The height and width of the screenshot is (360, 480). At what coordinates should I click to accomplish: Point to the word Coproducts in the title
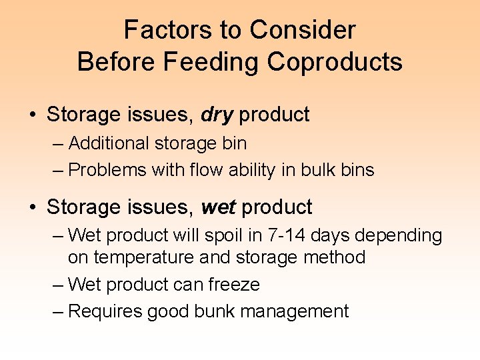tap(335, 62)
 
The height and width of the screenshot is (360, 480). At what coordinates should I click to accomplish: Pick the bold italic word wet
tap(218, 207)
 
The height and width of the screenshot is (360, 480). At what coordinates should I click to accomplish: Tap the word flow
tap(203, 170)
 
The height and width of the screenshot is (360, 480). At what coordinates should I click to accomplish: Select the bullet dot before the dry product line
tap(33, 115)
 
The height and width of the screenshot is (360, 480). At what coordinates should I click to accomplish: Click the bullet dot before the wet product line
tap(33, 207)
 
